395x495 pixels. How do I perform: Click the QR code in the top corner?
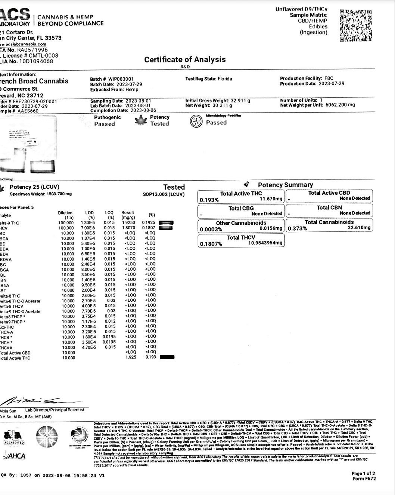355,25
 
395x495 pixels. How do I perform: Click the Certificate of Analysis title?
185,59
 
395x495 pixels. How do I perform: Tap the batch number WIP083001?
121,79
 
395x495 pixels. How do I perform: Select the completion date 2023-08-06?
143,111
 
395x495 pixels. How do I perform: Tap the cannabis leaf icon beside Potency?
141,120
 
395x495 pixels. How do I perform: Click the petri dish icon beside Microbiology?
196,121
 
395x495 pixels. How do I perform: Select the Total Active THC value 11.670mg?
271,199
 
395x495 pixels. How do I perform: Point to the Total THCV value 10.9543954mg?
265,243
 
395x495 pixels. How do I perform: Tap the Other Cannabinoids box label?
241,223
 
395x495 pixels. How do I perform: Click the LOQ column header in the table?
109,215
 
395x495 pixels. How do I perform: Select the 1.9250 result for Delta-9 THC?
128,223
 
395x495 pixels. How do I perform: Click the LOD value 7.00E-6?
88,228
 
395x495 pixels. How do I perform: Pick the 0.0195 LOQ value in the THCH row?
109,342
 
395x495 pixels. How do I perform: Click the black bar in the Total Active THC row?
167,357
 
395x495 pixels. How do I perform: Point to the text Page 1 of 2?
363,474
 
